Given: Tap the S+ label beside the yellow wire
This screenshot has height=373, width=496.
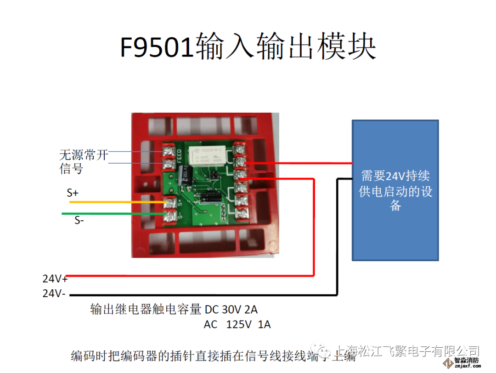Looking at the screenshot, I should point(73,193).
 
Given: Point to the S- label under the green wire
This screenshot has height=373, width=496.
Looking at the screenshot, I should point(79,220).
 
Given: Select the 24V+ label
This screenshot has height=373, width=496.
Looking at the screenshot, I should point(55,279).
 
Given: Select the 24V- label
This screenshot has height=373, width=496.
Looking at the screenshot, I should point(54,293).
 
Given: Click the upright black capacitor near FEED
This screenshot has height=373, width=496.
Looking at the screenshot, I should point(186,177).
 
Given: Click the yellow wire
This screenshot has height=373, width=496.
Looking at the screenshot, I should point(115,202).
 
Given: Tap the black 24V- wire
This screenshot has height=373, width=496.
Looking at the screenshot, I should point(202,295).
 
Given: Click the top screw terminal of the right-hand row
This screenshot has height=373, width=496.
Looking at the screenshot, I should point(239,149).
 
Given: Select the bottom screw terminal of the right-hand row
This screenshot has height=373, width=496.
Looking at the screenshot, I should point(239,212).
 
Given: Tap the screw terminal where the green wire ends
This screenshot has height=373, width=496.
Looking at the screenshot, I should point(170,214).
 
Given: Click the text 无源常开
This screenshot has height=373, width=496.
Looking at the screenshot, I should point(84,155).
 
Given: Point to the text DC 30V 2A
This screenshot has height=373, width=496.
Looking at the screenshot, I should point(234,309).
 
